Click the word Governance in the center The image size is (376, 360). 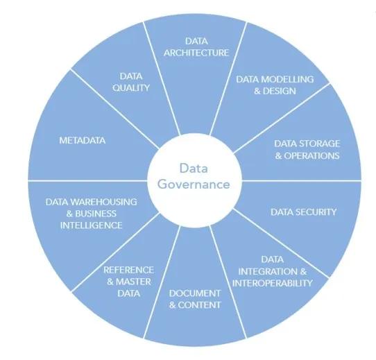[x=194, y=185]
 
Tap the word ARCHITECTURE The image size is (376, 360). [x=196, y=53]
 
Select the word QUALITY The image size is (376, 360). [x=131, y=88]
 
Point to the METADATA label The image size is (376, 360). [x=83, y=140]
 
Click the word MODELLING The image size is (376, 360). [x=289, y=79]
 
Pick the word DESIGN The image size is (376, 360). [x=280, y=91]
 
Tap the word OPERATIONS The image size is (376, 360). [x=311, y=155]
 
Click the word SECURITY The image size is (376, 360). [x=316, y=212]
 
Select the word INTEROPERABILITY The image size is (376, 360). [x=273, y=283]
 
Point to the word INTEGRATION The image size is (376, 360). [x=268, y=271]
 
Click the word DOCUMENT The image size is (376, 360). [x=195, y=293]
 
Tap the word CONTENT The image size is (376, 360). [x=199, y=305]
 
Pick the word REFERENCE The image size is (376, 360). [x=128, y=270]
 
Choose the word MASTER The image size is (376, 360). [x=134, y=282]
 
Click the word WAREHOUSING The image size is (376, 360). [x=104, y=202]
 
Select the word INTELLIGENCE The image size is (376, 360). [x=91, y=225]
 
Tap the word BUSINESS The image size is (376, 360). [x=96, y=214]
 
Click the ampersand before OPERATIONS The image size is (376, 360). [x=278, y=156]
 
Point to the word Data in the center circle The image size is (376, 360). [x=194, y=168]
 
